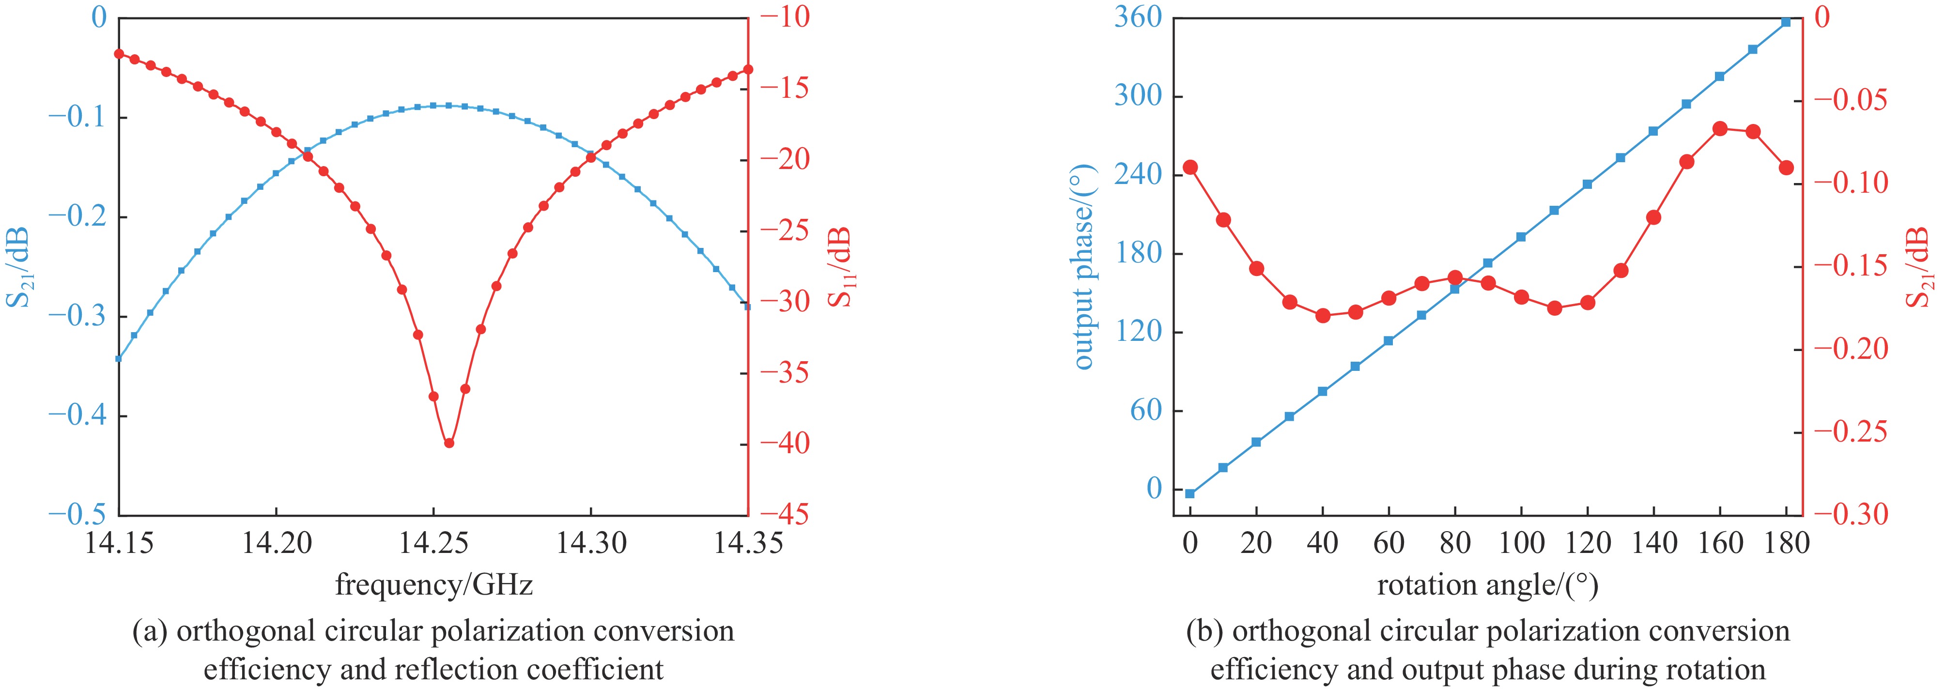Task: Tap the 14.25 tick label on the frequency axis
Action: [x=433, y=543]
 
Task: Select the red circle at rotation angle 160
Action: [x=1720, y=129]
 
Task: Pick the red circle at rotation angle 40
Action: [x=1323, y=315]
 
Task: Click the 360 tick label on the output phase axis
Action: [x=1138, y=16]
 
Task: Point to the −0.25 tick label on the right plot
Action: [x=1851, y=432]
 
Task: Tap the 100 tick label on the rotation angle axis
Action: [x=1521, y=543]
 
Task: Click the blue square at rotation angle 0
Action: [x=1191, y=493]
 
